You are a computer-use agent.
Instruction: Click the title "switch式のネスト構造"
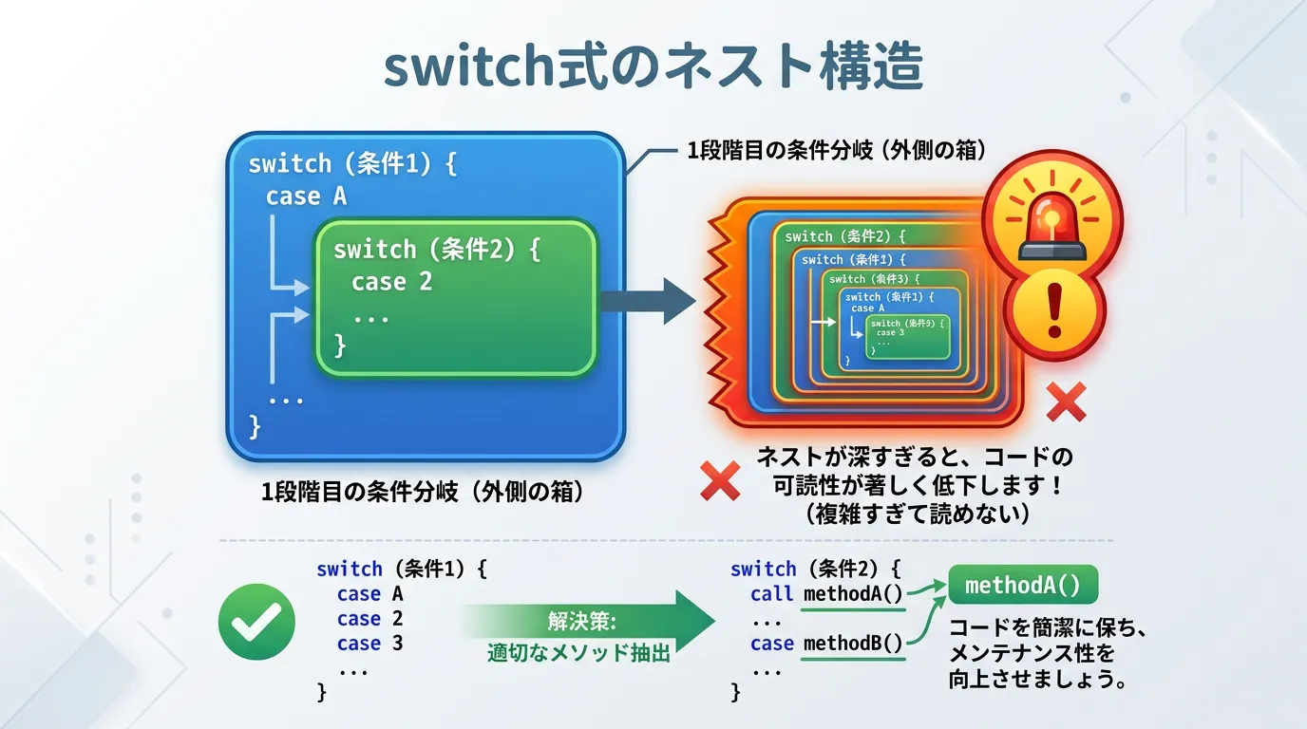(653, 67)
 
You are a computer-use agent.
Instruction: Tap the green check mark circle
(256, 622)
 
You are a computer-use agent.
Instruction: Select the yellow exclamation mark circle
(1053, 308)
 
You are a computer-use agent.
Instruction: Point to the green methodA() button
(1022, 585)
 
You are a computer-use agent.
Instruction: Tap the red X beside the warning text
(720, 480)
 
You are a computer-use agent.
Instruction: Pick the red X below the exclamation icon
(1066, 402)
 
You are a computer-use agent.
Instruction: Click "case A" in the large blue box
(306, 196)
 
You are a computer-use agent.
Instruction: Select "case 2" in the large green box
(391, 282)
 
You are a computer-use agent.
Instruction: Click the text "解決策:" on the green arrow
(582, 622)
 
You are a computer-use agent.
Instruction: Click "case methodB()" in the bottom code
(825, 644)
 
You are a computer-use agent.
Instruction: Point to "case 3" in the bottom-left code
(369, 644)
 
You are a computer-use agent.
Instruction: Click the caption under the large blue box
(422, 493)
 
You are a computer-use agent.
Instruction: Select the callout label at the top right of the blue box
(836, 150)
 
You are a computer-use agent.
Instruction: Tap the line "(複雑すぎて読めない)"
(917, 514)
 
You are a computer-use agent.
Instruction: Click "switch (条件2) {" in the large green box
(436, 250)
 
